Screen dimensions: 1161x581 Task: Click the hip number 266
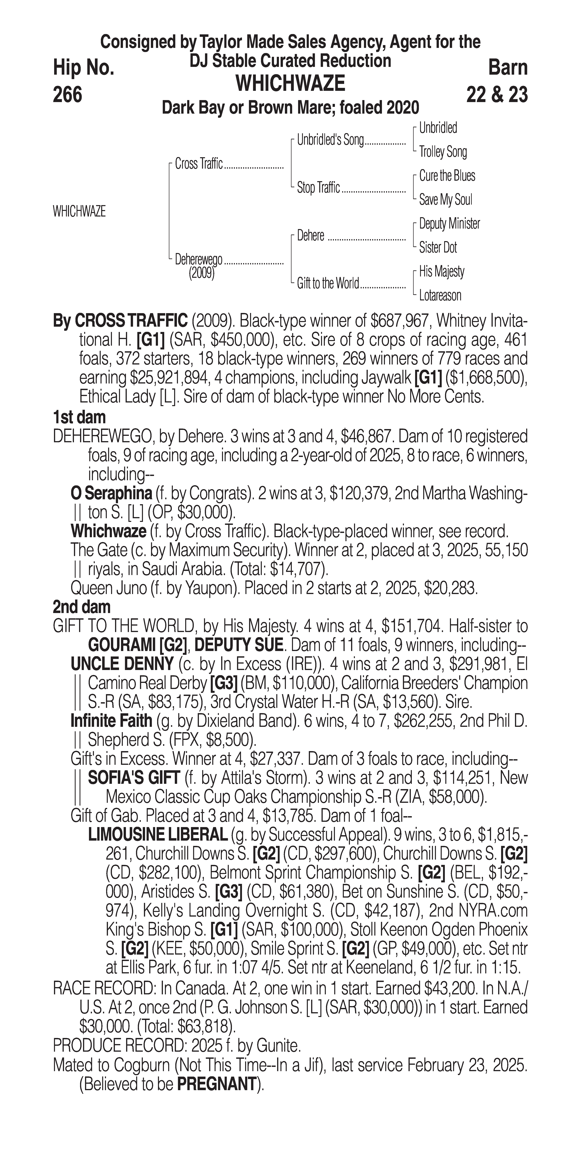point(68,95)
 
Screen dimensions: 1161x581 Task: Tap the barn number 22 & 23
point(497,95)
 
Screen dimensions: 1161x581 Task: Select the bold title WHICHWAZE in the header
point(290,83)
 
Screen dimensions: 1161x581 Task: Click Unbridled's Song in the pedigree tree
point(330,140)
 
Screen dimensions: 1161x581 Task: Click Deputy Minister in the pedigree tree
point(449,224)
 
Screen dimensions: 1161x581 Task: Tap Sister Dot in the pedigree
point(438,247)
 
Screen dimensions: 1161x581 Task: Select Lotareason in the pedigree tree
point(440,296)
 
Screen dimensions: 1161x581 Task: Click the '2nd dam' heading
point(82,607)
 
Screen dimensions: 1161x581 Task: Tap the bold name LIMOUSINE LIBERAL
point(158,835)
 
